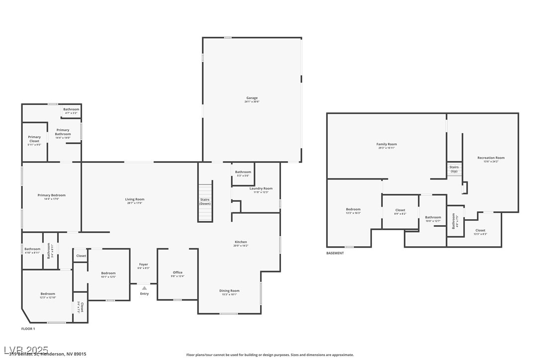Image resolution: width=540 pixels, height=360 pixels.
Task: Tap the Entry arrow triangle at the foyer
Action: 144,288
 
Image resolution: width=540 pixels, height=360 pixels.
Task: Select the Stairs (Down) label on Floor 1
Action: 205,201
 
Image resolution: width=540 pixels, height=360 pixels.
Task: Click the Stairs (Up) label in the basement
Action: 454,169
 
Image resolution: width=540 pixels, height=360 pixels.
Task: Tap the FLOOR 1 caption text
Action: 28,329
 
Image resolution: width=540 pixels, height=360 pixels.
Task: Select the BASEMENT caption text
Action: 335,253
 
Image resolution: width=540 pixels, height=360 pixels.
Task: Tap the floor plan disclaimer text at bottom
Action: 270,355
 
